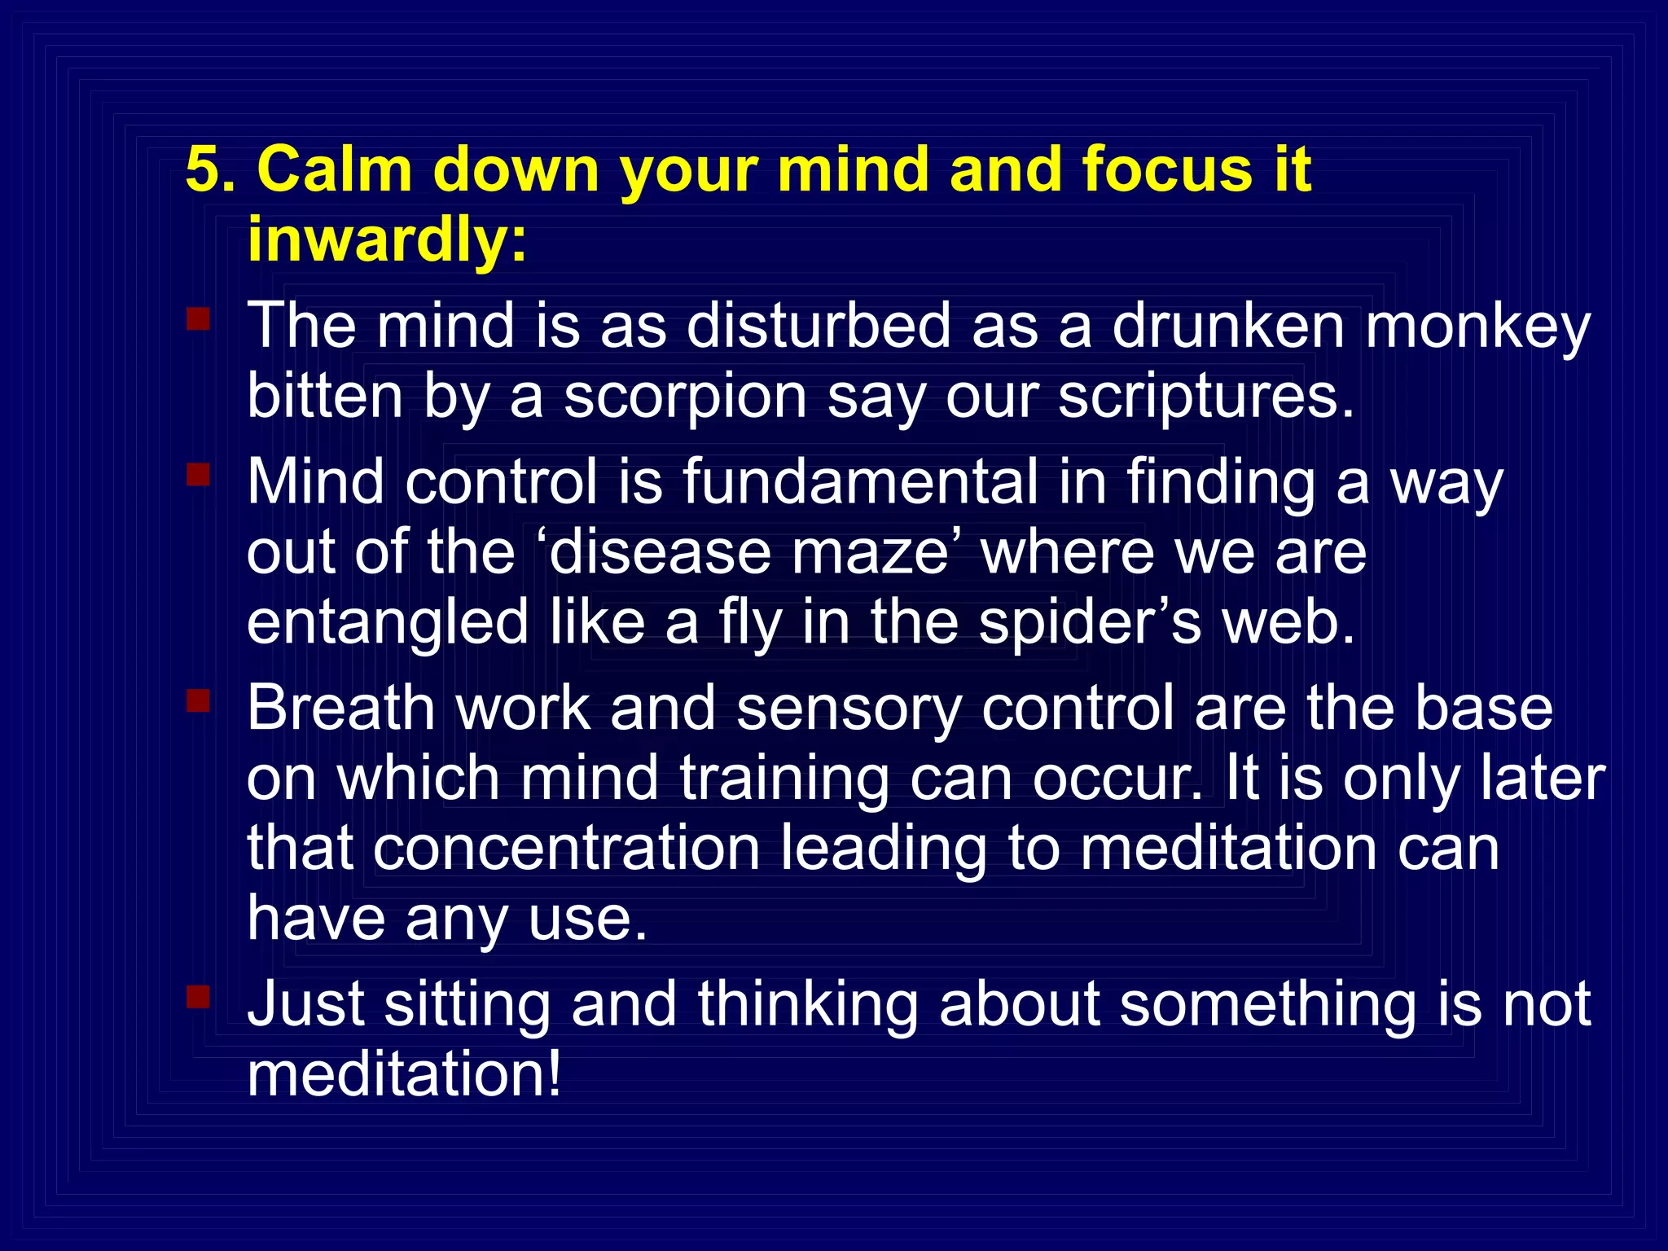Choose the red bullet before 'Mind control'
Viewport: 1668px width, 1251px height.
pos(198,473)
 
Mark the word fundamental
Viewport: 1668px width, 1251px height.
pos(860,481)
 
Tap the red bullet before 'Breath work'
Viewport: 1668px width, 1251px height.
pos(198,700)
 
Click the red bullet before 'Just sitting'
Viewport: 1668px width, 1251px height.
pos(198,996)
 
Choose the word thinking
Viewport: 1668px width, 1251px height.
pos(806,1005)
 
